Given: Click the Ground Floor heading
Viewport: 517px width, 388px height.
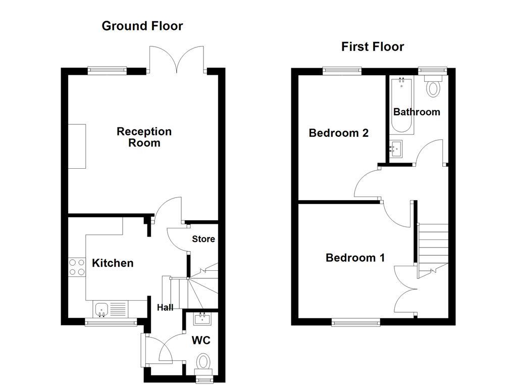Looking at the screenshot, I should tap(142, 26).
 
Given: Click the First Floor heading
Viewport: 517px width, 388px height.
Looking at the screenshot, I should tap(373, 47).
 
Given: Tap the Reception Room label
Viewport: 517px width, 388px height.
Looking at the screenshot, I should tap(144, 137).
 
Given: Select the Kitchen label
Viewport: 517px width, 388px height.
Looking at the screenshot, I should tap(113, 263).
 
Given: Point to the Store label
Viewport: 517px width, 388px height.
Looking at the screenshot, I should tap(203, 239).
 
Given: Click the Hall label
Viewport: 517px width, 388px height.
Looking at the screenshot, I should tap(165, 307).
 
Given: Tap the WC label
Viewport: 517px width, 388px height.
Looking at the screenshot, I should tap(200, 341).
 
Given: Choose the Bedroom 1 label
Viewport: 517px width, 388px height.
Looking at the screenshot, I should tap(355, 258).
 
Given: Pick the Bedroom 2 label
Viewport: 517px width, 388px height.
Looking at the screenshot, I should tap(339, 133).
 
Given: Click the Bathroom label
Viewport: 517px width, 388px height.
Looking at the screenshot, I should tap(417, 112).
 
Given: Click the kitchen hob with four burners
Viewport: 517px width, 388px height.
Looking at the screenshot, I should tap(77, 267).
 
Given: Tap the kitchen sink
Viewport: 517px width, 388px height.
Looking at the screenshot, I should tap(101, 308).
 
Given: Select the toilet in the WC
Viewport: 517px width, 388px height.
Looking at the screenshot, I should tap(203, 362).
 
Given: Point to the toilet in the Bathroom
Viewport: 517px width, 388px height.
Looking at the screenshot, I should tap(433, 87).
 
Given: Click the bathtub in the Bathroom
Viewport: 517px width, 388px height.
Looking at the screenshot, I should tap(403, 105).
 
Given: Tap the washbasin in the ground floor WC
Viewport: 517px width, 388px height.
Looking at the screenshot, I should tap(203, 318).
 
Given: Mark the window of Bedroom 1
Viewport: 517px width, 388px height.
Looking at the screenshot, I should tap(356, 322).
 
